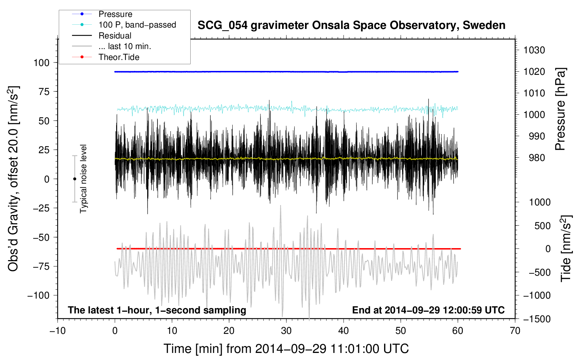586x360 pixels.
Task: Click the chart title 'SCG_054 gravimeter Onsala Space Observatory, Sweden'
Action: coord(351,25)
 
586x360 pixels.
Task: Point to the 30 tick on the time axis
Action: coord(286,331)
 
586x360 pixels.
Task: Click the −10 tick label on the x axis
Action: coord(58,331)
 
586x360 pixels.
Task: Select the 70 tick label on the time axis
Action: coord(515,331)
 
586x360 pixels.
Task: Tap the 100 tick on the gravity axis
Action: coord(41,63)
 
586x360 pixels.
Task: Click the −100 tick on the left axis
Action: coord(38,295)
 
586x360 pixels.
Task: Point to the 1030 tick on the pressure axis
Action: coord(534,50)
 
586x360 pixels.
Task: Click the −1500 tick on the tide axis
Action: coord(537,319)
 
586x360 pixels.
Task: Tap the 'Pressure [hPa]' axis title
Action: coord(560,109)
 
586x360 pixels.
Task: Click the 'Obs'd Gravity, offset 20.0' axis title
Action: coord(13,179)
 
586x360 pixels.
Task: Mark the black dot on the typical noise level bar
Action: coord(74,179)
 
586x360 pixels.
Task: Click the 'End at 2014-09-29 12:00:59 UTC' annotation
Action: coord(428,310)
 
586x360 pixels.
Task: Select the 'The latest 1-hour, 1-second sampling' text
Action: coord(157,310)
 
